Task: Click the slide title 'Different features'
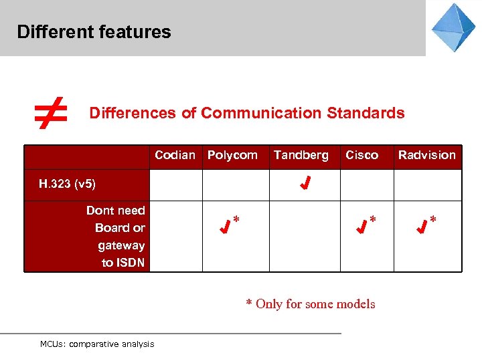click(94, 31)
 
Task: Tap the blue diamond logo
click(453, 27)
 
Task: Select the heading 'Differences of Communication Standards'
click(247, 113)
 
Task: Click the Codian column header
click(175, 155)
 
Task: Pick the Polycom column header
click(232, 155)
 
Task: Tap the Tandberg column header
click(301, 155)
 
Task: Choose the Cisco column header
click(361, 155)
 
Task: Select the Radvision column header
click(426, 155)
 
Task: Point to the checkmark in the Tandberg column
click(304, 183)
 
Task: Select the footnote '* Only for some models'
click(311, 304)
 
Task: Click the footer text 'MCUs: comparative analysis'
click(97, 344)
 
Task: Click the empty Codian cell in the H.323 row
click(175, 185)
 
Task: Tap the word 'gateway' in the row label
click(121, 245)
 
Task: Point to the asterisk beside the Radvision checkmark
click(433, 219)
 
